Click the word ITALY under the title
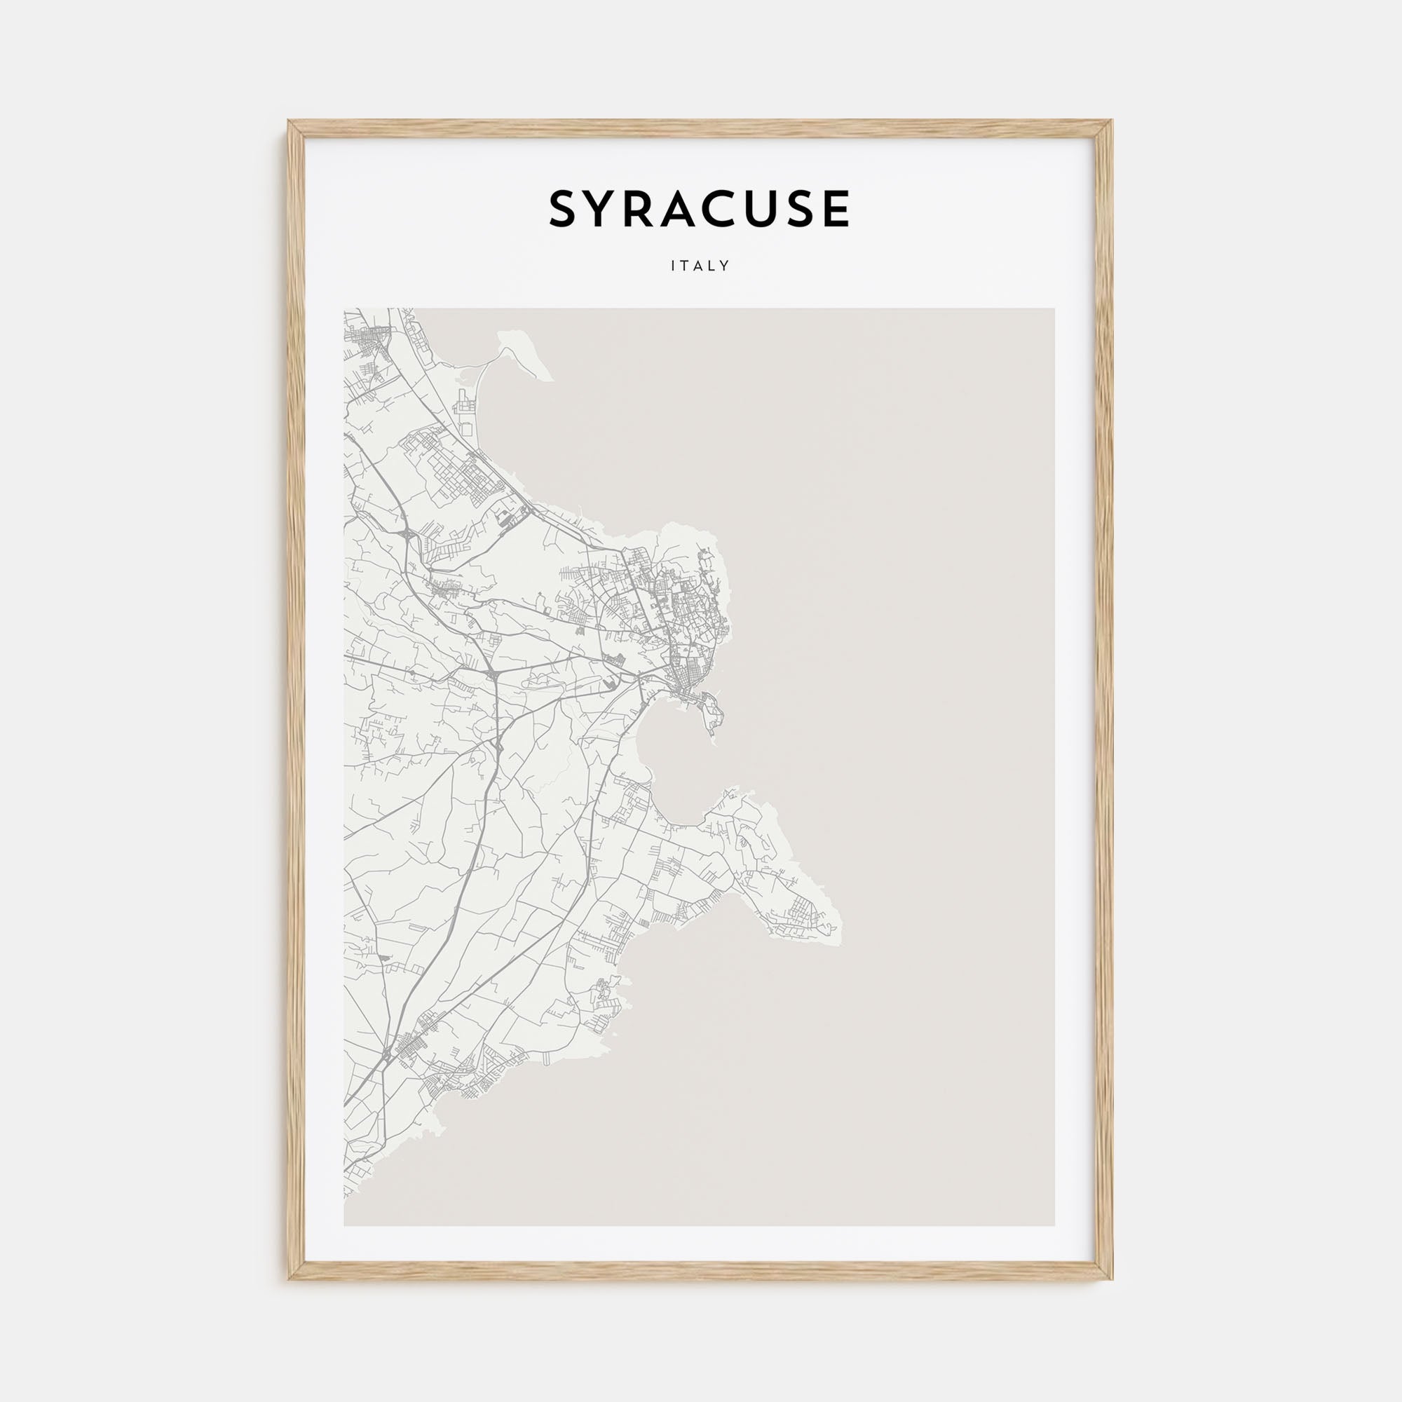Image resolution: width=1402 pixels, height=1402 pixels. (700, 266)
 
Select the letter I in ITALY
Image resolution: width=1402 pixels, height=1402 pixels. (674, 266)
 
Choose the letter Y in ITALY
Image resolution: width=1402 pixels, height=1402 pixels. (726, 266)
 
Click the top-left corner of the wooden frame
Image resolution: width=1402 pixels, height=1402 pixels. (289, 121)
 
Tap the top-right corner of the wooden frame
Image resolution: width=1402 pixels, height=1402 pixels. (1112, 121)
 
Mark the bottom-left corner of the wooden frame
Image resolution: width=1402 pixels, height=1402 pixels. (289, 1279)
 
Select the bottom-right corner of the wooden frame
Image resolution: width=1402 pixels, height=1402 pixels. (1112, 1279)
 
